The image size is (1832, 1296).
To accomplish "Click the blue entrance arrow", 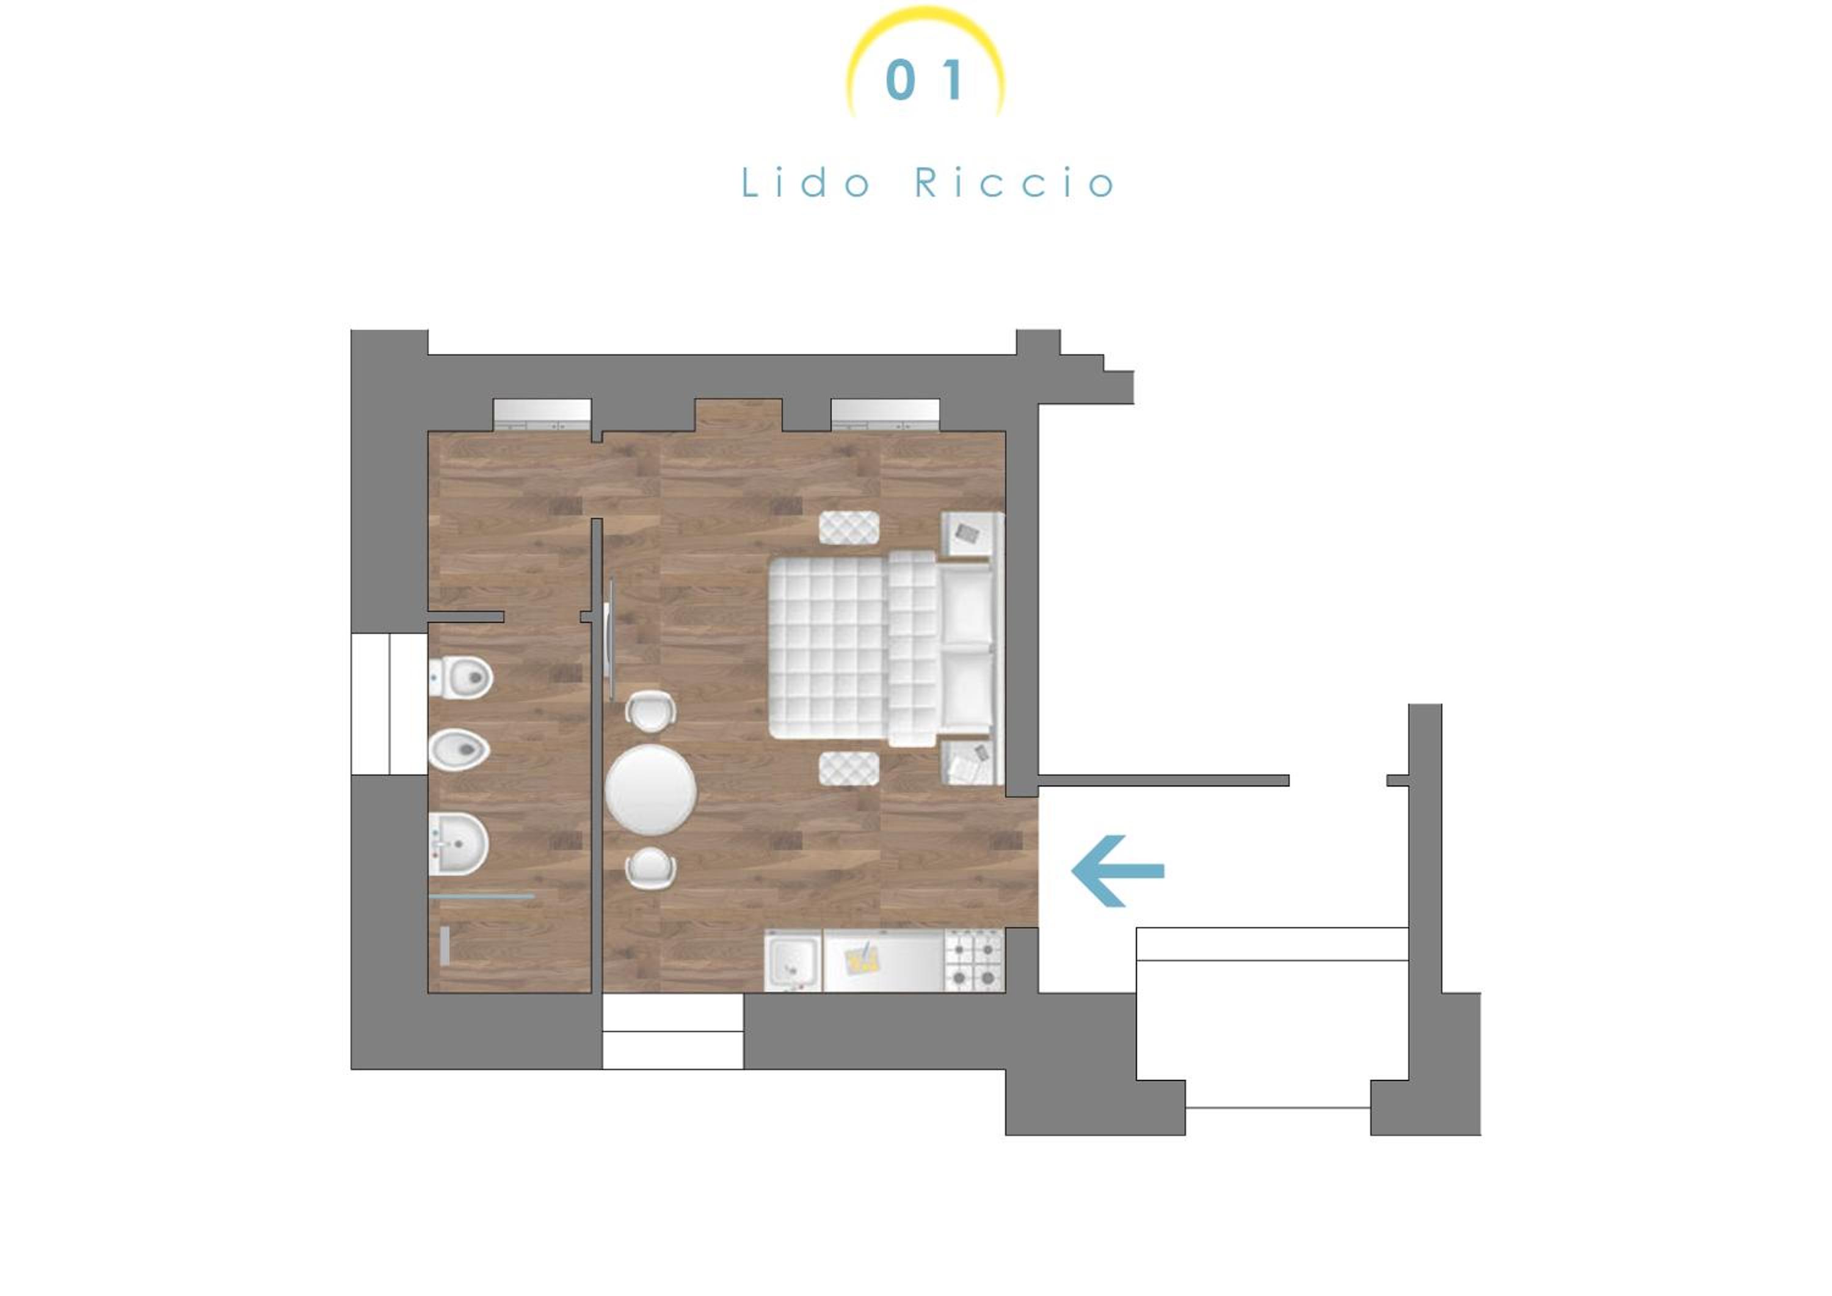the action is [1117, 872].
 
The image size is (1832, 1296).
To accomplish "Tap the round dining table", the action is [650, 790].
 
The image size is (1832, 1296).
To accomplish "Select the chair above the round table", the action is [650, 710].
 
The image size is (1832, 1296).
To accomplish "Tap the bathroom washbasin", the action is [458, 843].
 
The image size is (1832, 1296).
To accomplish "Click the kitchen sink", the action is [792, 960].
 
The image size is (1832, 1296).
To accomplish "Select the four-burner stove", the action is [973, 961].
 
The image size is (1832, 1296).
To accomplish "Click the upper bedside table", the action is [970, 534].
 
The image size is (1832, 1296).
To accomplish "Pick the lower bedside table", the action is [970, 762].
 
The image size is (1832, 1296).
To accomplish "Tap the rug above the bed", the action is [849, 528].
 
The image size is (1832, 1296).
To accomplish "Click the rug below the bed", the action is [849, 768].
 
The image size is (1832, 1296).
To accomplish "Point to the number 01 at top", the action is [925, 80].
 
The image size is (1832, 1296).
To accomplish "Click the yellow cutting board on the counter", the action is [862, 958].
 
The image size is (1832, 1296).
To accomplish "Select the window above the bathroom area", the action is [542, 414].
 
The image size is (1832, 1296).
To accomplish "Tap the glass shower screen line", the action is [481, 896].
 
